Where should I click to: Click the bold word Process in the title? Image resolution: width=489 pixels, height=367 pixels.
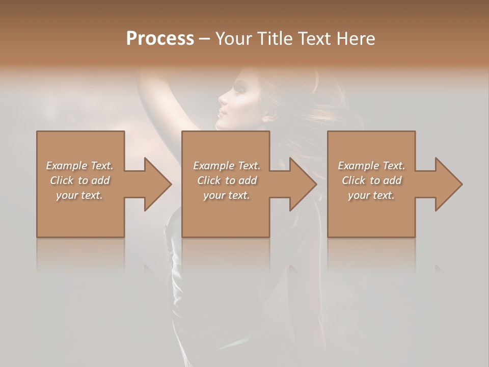tap(160, 39)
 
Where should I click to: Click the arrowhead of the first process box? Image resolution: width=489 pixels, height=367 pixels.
tap(157, 184)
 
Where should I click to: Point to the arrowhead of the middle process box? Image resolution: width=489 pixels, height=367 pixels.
tap(302, 184)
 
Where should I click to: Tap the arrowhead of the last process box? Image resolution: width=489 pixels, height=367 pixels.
tap(448, 184)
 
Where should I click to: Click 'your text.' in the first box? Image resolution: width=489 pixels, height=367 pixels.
tap(79, 195)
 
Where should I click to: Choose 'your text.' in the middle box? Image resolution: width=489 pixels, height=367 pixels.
tap(227, 195)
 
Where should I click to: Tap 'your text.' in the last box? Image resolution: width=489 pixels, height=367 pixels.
tap(371, 195)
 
